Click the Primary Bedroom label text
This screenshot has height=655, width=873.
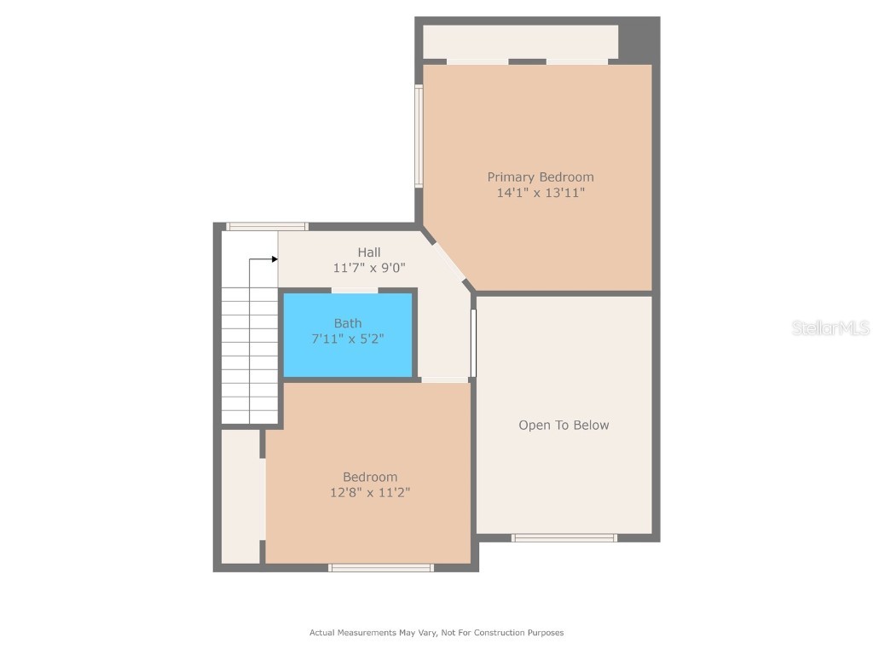point(541,177)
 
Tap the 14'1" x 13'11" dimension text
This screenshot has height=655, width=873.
point(541,193)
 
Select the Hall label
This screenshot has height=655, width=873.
point(369,252)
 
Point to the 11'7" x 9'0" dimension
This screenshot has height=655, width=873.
point(369,268)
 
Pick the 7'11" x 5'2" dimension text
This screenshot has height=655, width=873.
point(348,339)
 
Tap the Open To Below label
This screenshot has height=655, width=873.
point(564,425)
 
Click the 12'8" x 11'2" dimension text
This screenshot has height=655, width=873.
point(370,492)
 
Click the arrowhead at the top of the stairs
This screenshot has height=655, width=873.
point(275,258)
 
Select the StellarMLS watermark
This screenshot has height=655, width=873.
point(830,327)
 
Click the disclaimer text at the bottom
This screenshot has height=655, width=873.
point(436,633)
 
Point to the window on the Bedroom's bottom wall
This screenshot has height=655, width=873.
point(381,567)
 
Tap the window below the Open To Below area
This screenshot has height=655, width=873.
point(564,537)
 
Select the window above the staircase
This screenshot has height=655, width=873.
point(266,227)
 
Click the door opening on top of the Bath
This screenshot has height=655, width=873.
point(355,291)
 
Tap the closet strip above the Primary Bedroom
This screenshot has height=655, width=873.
point(520,42)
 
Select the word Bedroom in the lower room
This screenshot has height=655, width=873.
point(370,477)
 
